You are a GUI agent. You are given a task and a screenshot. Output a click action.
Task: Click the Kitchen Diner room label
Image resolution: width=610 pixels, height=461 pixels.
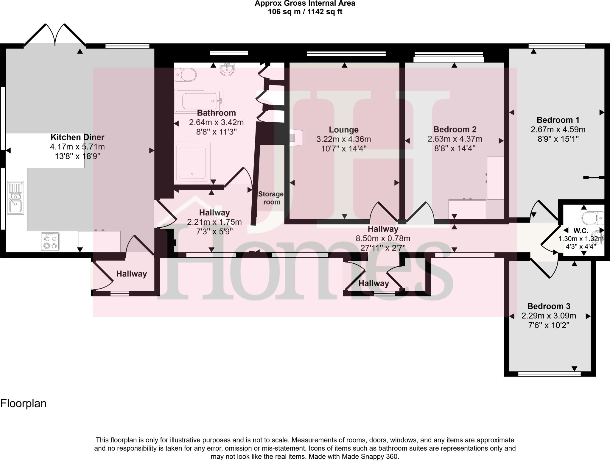(77, 137)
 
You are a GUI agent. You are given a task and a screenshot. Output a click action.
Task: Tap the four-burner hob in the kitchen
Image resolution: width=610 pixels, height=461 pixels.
(50, 241)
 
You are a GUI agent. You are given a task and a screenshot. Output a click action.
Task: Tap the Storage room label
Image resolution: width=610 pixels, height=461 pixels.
(271, 198)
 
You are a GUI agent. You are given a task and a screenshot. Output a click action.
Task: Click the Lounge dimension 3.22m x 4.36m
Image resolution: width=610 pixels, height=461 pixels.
(343, 139)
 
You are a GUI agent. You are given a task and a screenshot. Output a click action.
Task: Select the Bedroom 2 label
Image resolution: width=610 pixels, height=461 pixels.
(455, 129)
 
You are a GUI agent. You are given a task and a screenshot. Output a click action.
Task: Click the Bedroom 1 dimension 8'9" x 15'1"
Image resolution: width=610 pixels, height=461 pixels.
(558, 139)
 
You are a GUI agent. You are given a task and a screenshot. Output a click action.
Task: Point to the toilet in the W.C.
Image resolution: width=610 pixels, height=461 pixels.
(592, 218)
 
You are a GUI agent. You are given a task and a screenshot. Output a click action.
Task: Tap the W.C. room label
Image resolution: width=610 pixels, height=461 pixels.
(581, 231)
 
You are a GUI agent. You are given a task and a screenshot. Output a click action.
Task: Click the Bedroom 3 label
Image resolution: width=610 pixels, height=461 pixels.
(549, 306)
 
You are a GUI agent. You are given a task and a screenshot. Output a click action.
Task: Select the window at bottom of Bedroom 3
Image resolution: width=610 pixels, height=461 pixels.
(549, 374)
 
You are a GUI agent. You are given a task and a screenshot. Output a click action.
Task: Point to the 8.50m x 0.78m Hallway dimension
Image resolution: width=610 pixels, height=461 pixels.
(383, 238)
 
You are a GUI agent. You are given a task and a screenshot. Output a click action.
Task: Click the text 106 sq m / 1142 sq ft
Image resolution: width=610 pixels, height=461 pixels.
(305, 12)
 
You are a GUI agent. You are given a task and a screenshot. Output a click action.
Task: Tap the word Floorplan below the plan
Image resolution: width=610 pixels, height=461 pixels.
(24, 404)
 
